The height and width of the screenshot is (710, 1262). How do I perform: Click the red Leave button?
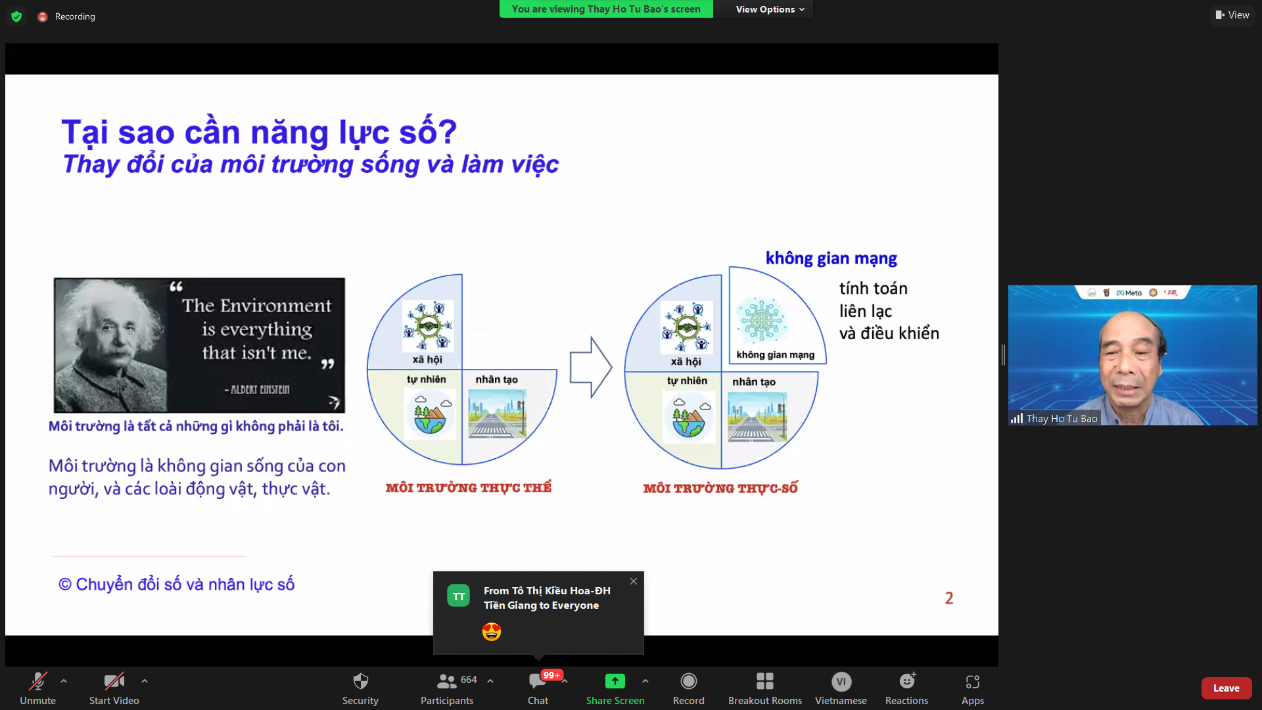tap(1226, 688)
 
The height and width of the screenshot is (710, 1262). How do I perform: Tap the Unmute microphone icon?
tap(38, 681)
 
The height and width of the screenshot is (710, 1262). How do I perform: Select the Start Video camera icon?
tap(114, 681)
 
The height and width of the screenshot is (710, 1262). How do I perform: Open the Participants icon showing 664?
tap(447, 681)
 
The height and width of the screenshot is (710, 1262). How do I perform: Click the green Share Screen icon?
tap(615, 681)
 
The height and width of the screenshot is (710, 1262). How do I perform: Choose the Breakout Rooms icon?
tap(765, 681)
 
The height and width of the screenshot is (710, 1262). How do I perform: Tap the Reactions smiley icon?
tap(908, 680)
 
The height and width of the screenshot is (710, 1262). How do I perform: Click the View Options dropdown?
tap(770, 9)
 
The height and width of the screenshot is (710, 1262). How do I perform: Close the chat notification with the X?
tap(634, 581)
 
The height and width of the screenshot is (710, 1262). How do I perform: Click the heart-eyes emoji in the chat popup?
tap(492, 632)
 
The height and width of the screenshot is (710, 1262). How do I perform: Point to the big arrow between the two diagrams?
tap(591, 367)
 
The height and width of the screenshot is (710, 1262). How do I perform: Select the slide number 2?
tap(949, 598)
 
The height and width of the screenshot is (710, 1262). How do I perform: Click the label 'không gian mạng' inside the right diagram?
tap(776, 355)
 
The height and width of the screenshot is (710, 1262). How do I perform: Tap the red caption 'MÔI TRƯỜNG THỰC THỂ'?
tap(469, 487)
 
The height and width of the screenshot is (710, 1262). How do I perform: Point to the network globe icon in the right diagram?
tap(762, 320)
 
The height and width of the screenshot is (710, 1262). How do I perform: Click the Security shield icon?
tap(360, 681)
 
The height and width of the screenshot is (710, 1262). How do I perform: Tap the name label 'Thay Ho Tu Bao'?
tap(1062, 419)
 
